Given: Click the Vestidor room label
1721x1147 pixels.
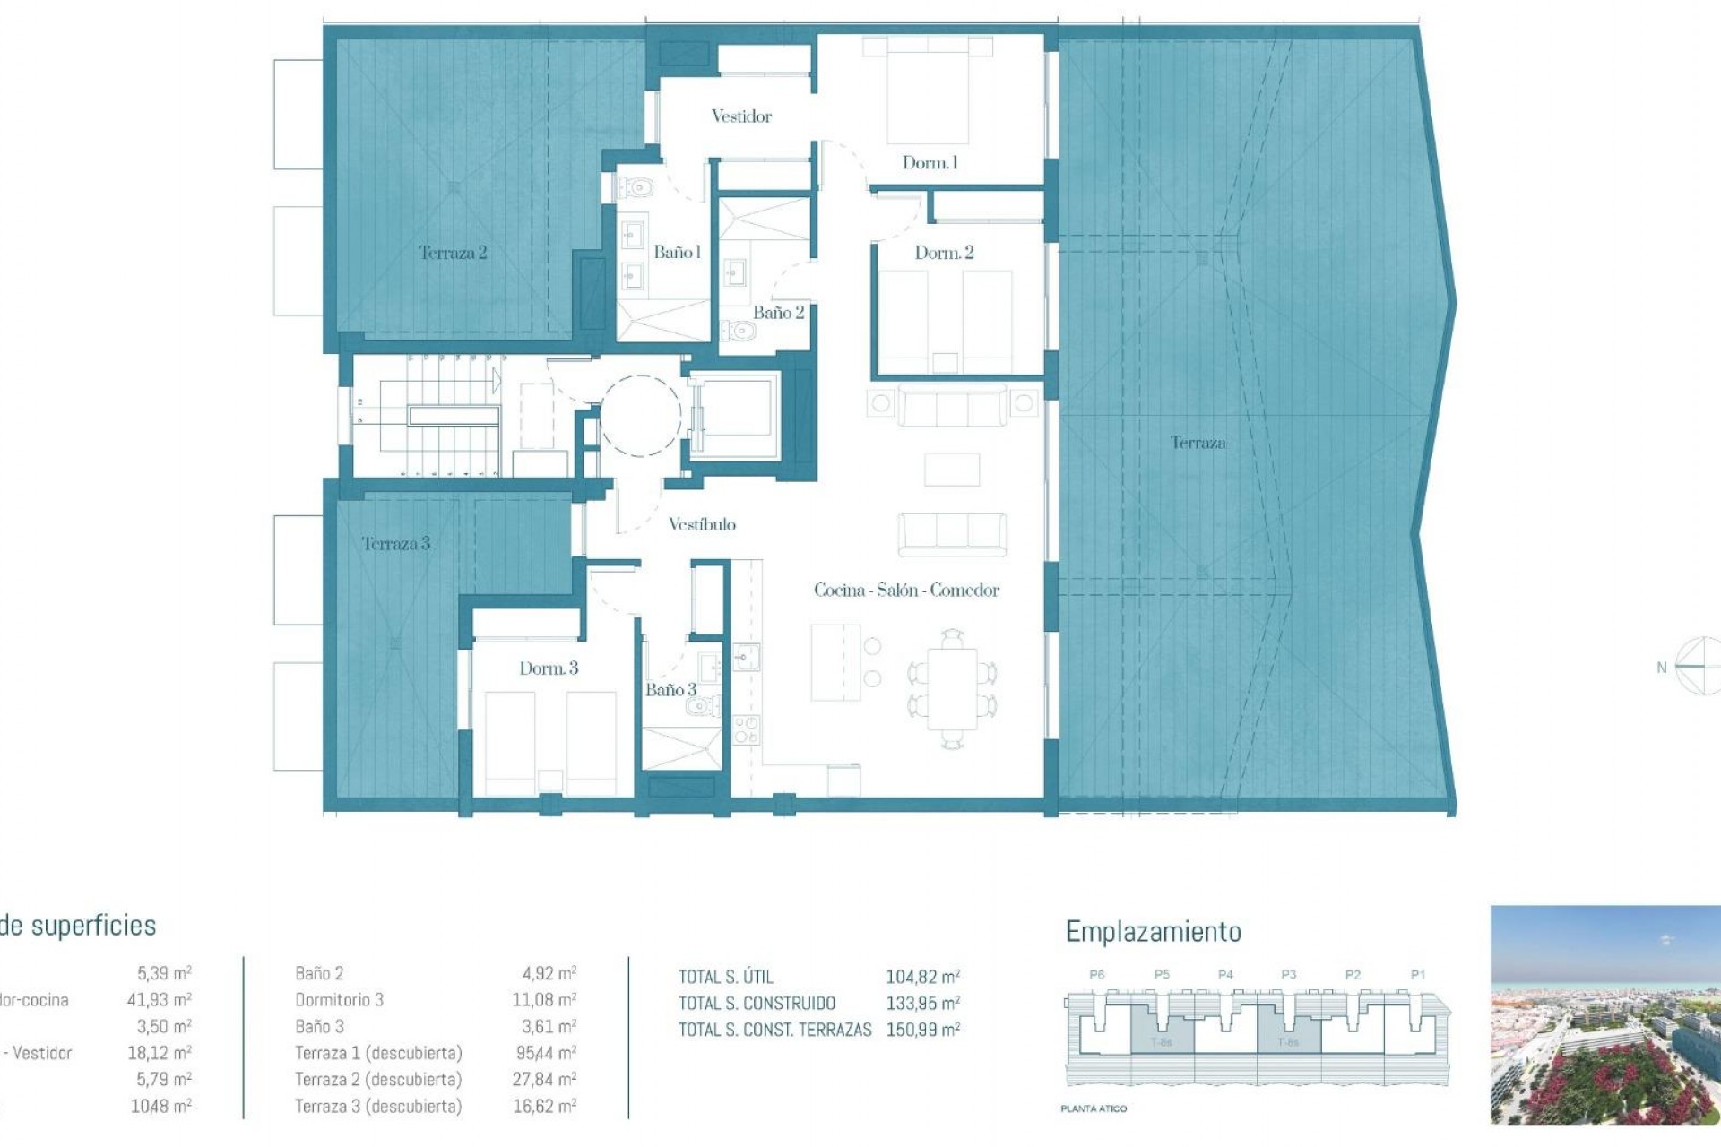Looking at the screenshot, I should click(x=740, y=116).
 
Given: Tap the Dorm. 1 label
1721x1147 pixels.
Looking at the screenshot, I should click(x=930, y=163).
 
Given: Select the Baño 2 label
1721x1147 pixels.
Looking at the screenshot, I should click(x=778, y=313).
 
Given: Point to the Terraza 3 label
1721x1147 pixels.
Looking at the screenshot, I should click(x=395, y=544).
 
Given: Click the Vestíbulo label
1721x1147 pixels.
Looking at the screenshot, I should click(x=702, y=525).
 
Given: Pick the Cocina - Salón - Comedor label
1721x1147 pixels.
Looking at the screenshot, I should click(x=906, y=591).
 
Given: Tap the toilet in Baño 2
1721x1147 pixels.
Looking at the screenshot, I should click(x=740, y=332).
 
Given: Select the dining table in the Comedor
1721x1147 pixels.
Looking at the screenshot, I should click(x=952, y=688).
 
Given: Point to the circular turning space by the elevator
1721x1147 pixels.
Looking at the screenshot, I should click(x=640, y=416).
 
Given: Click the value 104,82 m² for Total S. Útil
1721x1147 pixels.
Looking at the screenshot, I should click(x=922, y=978).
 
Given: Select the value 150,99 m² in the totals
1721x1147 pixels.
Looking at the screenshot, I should click(x=922, y=1031).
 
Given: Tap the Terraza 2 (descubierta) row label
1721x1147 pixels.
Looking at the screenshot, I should click(x=378, y=1080).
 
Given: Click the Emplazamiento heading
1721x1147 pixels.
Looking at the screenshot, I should click(x=1153, y=933).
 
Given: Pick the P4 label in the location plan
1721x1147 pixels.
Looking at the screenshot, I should click(x=1225, y=975).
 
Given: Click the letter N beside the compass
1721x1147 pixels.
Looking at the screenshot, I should click(x=1661, y=668).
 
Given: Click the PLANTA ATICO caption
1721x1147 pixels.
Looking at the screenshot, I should click(x=1094, y=1109).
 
